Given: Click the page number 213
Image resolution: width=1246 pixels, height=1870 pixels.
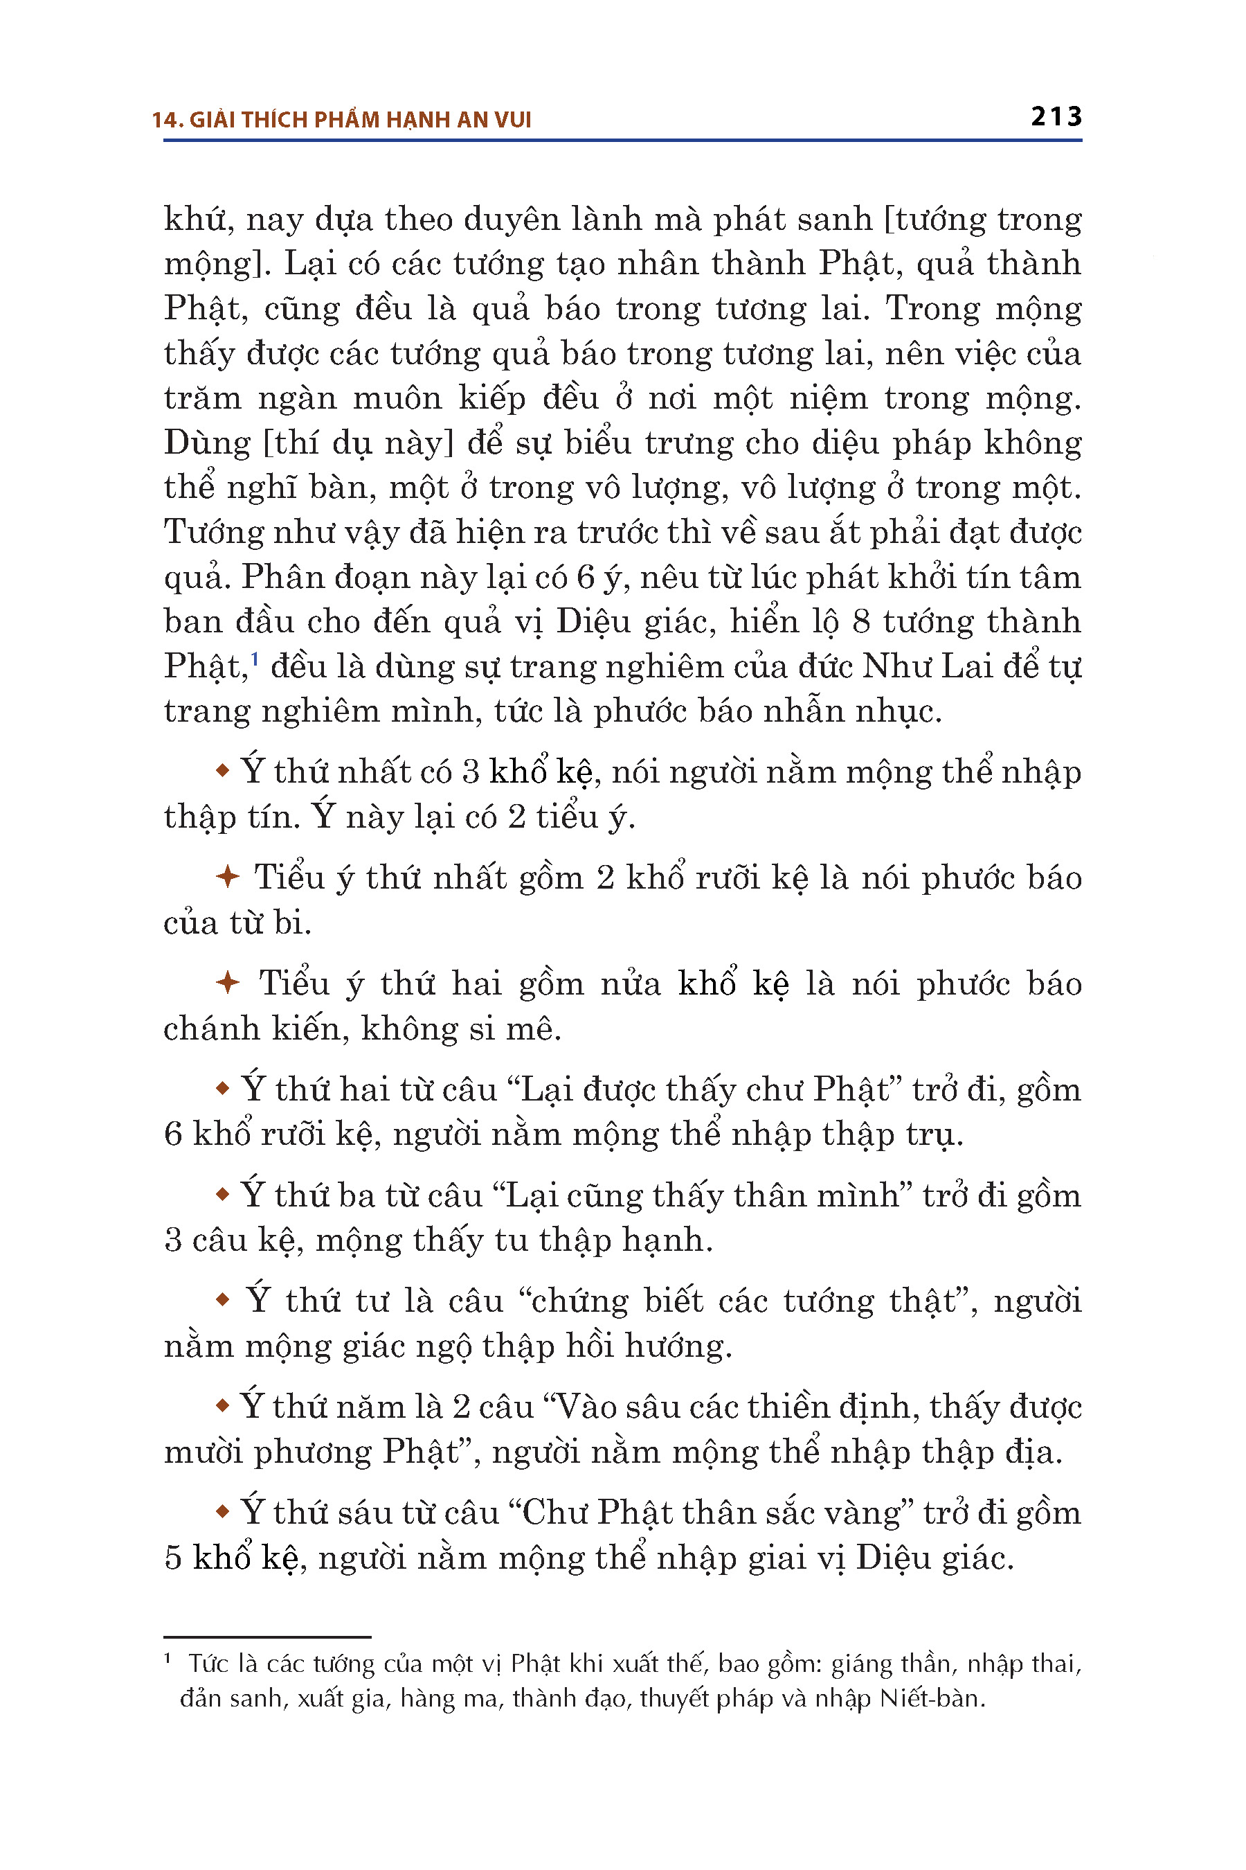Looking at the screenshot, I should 1056,117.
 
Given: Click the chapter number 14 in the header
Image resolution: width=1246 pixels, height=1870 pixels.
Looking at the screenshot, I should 163,120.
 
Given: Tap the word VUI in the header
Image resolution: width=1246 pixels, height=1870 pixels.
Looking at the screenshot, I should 514,120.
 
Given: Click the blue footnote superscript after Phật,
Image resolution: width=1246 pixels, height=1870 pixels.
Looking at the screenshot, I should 255,659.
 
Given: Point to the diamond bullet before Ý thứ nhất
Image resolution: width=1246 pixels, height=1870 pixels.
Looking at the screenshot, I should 224,770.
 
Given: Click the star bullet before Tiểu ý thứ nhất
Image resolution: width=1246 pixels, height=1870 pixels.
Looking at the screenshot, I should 227,877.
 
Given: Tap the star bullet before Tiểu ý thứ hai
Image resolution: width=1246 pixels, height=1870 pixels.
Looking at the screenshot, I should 227,983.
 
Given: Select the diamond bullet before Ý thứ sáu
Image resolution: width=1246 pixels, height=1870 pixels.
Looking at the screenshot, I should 224,1511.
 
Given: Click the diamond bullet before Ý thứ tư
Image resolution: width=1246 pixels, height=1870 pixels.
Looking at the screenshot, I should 224,1299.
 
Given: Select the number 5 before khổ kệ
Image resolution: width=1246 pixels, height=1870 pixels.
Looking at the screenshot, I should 173,1558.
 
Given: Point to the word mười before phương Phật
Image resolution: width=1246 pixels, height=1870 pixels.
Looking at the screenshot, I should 203,1452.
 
